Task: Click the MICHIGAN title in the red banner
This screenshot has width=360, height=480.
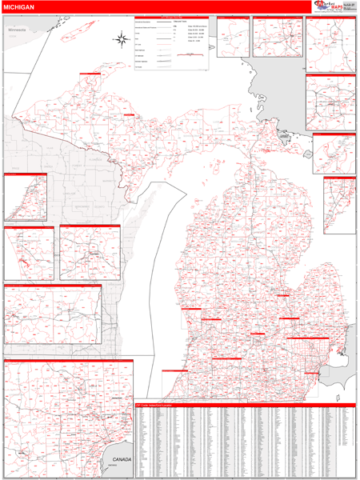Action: [x=18, y=7]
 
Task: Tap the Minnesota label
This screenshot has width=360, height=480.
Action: [x=17, y=30]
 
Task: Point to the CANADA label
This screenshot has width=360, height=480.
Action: [x=121, y=459]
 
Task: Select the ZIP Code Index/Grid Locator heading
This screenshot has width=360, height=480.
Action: [x=161, y=406]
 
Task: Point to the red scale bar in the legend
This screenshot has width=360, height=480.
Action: [x=190, y=54]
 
